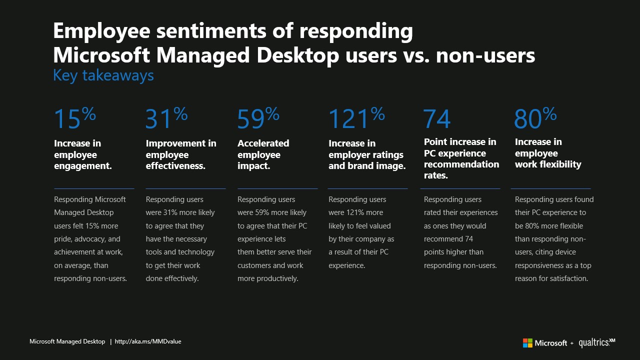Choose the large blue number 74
tap(437, 119)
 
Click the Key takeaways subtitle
tap(103, 75)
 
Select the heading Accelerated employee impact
tap(263, 154)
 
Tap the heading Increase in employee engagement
tap(82, 154)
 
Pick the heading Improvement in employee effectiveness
tap(181, 154)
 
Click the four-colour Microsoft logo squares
tap(527, 343)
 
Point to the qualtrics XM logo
tap(596, 342)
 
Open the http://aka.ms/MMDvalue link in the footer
tap(148, 341)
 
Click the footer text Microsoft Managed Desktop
tap(67, 341)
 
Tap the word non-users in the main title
tap(485, 55)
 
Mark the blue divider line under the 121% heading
tap(367, 188)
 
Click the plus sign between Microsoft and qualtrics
tap(572, 343)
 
